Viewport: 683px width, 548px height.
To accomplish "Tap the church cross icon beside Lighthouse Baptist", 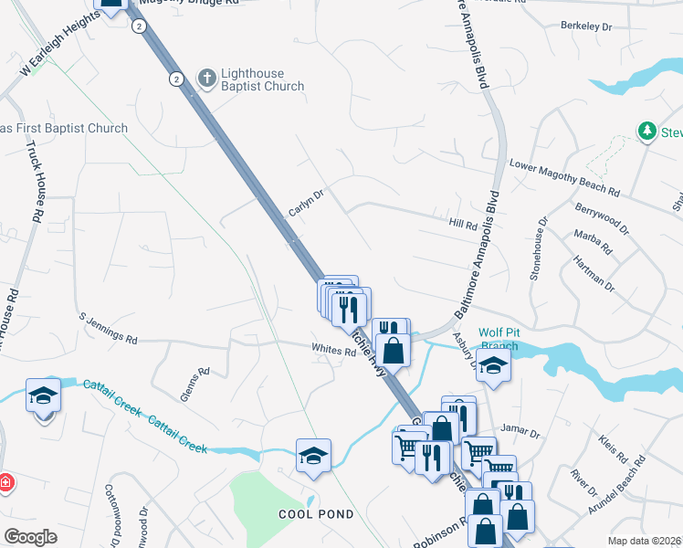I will [x=206, y=79].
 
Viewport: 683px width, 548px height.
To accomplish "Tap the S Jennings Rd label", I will [x=107, y=327].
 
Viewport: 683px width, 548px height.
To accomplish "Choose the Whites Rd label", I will [x=332, y=349].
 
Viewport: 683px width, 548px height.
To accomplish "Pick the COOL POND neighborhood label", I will [x=316, y=514].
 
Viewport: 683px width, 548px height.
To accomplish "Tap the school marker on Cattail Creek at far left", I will [x=43, y=396].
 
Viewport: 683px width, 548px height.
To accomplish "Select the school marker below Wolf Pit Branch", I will [x=493, y=365].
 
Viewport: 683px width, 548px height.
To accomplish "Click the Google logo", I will [x=30, y=537].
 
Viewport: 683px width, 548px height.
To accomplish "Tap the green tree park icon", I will [x=647, y=132].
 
